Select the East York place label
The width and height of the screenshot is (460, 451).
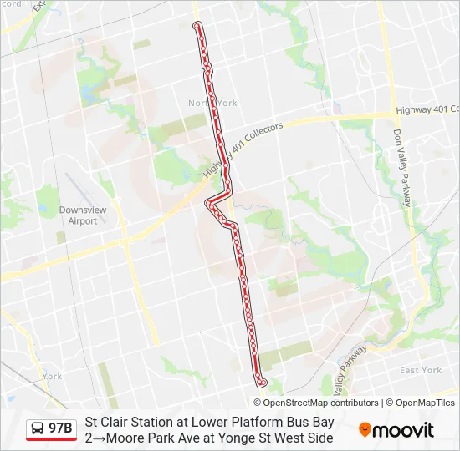(420, 370)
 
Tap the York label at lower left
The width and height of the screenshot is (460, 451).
(52, 376)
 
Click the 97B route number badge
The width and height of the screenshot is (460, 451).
(60, 429)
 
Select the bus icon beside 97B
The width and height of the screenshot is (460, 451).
(38, 429)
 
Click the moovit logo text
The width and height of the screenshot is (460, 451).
(403, 431)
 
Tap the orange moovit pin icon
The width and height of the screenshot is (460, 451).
(365, 430)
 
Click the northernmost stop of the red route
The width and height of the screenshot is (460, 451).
(197, 26)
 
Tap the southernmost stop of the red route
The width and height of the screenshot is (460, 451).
(263, 383)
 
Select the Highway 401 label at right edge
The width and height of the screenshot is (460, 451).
(427, 109)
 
